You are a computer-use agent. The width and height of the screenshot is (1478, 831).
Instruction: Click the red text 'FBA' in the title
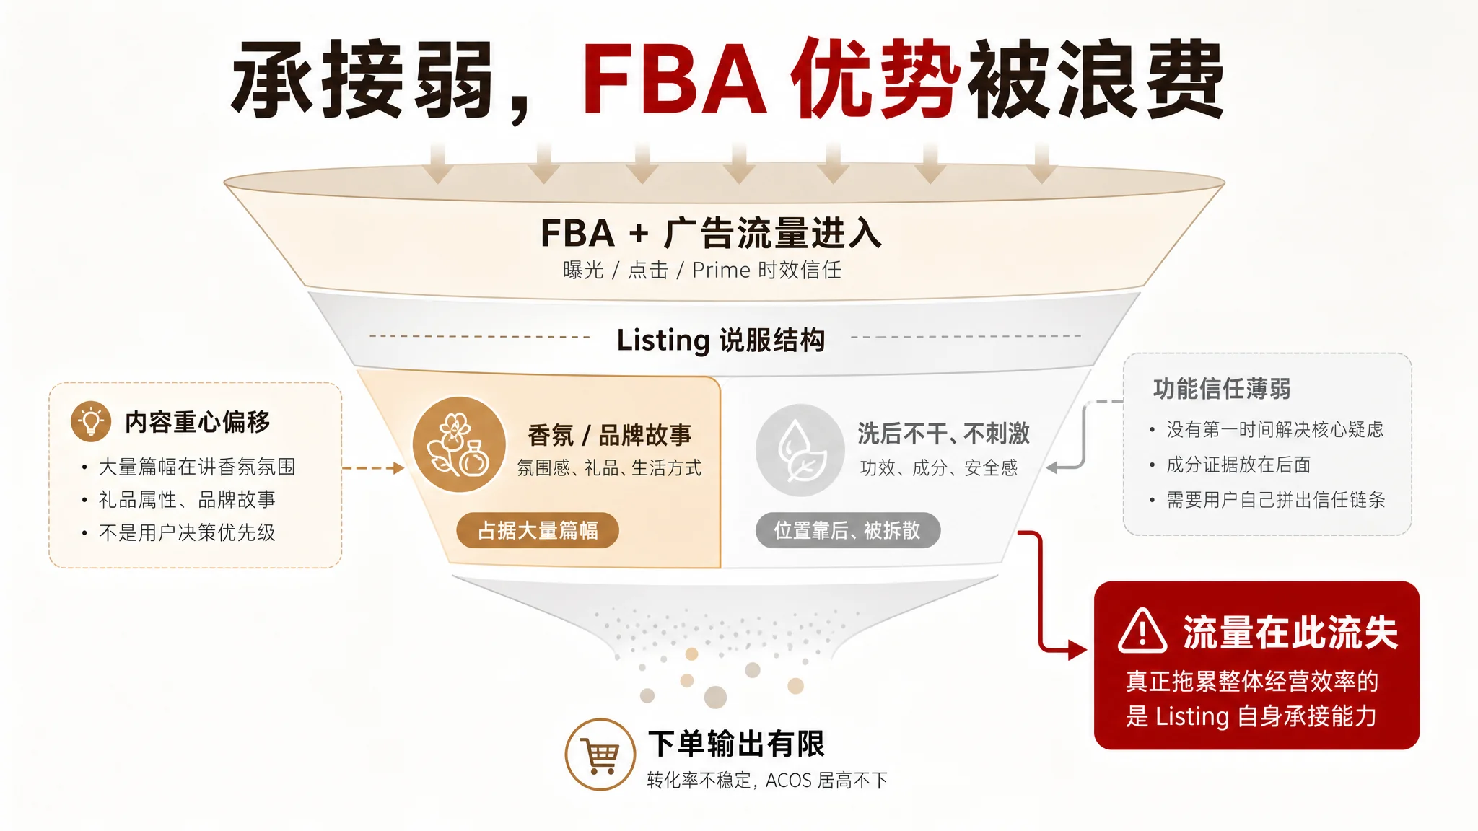coord(673,79)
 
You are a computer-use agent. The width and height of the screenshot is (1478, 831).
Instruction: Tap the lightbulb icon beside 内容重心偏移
coord(91,421)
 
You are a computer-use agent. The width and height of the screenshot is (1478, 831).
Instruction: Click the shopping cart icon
coord(600,755)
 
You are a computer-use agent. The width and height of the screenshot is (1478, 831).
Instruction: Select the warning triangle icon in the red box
coord(1142,631)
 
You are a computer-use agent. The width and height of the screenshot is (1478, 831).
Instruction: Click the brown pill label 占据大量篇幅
coord(538,530)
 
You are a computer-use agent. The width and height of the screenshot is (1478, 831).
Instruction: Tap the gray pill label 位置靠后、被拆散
coord(847,530)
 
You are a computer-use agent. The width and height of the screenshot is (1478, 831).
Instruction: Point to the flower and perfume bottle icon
coord(459,444)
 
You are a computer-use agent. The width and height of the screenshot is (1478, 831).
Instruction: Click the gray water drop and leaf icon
coord(800,449)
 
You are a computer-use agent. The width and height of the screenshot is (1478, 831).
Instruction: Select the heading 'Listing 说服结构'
coord(721,340)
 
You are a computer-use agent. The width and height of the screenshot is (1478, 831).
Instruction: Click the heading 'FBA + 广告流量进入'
coord(711,233)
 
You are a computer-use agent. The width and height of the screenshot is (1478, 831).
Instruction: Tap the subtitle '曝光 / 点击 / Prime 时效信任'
coord(702,270)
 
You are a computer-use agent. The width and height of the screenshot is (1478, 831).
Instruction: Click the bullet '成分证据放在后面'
coord(1238,465)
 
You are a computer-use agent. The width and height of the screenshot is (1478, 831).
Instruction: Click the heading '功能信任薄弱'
coord(1222,389)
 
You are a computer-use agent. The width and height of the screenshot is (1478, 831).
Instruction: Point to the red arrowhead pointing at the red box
coord(1077,650)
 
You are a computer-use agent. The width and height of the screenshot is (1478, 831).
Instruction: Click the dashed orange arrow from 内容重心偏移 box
coord(373,468)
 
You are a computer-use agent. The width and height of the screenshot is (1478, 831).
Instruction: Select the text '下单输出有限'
coord(736,744)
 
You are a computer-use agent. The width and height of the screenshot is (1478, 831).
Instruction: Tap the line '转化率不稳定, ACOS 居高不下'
coord(767,781)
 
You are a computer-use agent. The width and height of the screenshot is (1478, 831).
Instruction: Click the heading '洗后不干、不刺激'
coord(943,434)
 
